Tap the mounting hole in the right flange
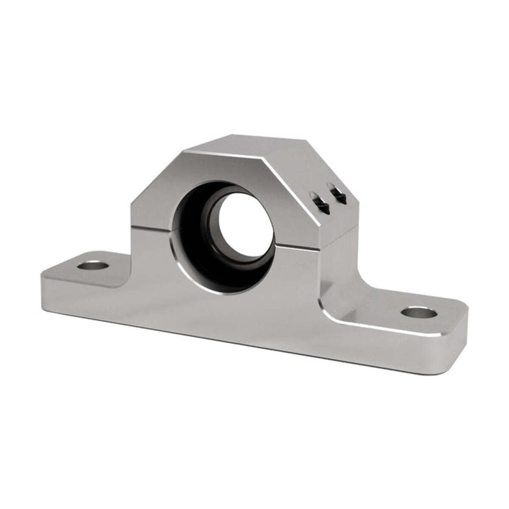[x=419, y=312]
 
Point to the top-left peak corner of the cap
[x=184, y=151]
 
